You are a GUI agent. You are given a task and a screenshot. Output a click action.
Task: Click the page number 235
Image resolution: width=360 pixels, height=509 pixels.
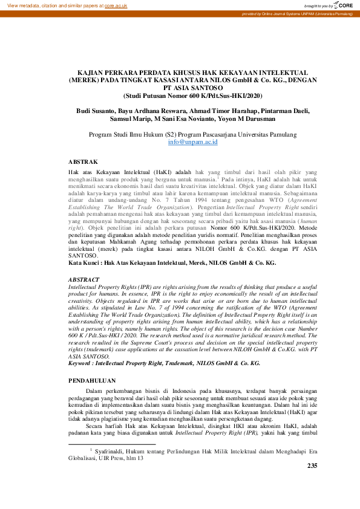coord(312,482)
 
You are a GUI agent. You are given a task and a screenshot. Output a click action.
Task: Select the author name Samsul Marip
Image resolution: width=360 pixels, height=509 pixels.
coord(129,119)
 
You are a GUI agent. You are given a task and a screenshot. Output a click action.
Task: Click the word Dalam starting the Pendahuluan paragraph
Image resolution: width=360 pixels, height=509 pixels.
coord(97,392)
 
